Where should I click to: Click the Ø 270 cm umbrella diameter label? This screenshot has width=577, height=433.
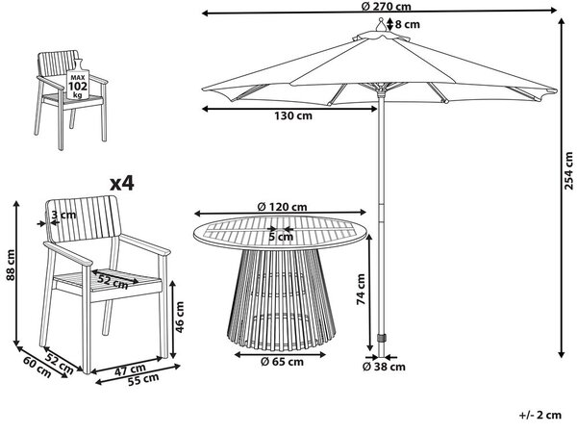click(386, 6)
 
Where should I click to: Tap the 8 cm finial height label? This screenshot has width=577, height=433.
click(408, 25)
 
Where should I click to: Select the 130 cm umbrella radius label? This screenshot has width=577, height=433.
click(293, 115)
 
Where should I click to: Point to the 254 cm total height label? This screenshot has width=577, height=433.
click(569, 170)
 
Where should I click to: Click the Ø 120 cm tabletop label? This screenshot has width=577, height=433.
click(282, 207)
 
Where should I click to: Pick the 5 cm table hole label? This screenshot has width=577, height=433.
click(281, 237)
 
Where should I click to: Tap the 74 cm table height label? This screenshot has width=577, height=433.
click(361, 289)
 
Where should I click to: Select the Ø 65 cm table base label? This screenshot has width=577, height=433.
click(282, 362)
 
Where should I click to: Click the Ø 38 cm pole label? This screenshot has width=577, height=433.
click(384, 367)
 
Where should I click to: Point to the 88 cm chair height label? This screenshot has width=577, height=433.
click(11, 265)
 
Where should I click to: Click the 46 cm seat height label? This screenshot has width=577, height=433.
click(179, 317)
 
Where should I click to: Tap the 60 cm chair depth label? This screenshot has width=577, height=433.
click(38, 367)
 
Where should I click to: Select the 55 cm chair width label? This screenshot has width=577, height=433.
click(143, 379)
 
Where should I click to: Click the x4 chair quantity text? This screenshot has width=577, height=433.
click(122, 183)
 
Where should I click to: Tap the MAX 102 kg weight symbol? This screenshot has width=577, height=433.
click(78, 81)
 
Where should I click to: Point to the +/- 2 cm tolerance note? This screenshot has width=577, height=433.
click(540, 415)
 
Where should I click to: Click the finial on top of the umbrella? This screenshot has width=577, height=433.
click(382, 26)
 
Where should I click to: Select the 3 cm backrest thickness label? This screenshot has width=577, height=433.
click(63, 215)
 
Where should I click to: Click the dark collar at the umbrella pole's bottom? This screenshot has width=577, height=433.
click(381, 338)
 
